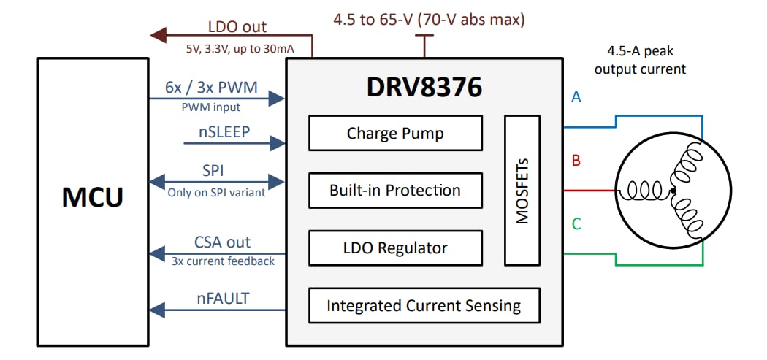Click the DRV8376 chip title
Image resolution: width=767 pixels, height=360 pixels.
coord(424,88)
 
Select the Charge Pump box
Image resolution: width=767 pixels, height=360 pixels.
coord(395,133)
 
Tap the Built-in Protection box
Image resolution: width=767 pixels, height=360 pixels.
coord(395,191)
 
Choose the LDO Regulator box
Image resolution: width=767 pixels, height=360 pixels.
coord(395,248)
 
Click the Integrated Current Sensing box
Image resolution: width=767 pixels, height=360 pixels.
coord(424,305)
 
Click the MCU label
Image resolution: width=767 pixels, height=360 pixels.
coord(92,198)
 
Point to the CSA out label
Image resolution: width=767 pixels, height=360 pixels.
coord(222,242)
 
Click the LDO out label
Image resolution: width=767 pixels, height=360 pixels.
coord(237,27)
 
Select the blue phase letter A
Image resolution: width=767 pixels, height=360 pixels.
coord(576,96)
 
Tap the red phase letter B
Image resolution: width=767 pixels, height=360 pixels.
coord(576,161)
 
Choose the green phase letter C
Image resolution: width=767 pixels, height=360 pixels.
coord(576,224)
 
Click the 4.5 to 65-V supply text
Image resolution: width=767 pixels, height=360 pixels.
coord(429,19)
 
